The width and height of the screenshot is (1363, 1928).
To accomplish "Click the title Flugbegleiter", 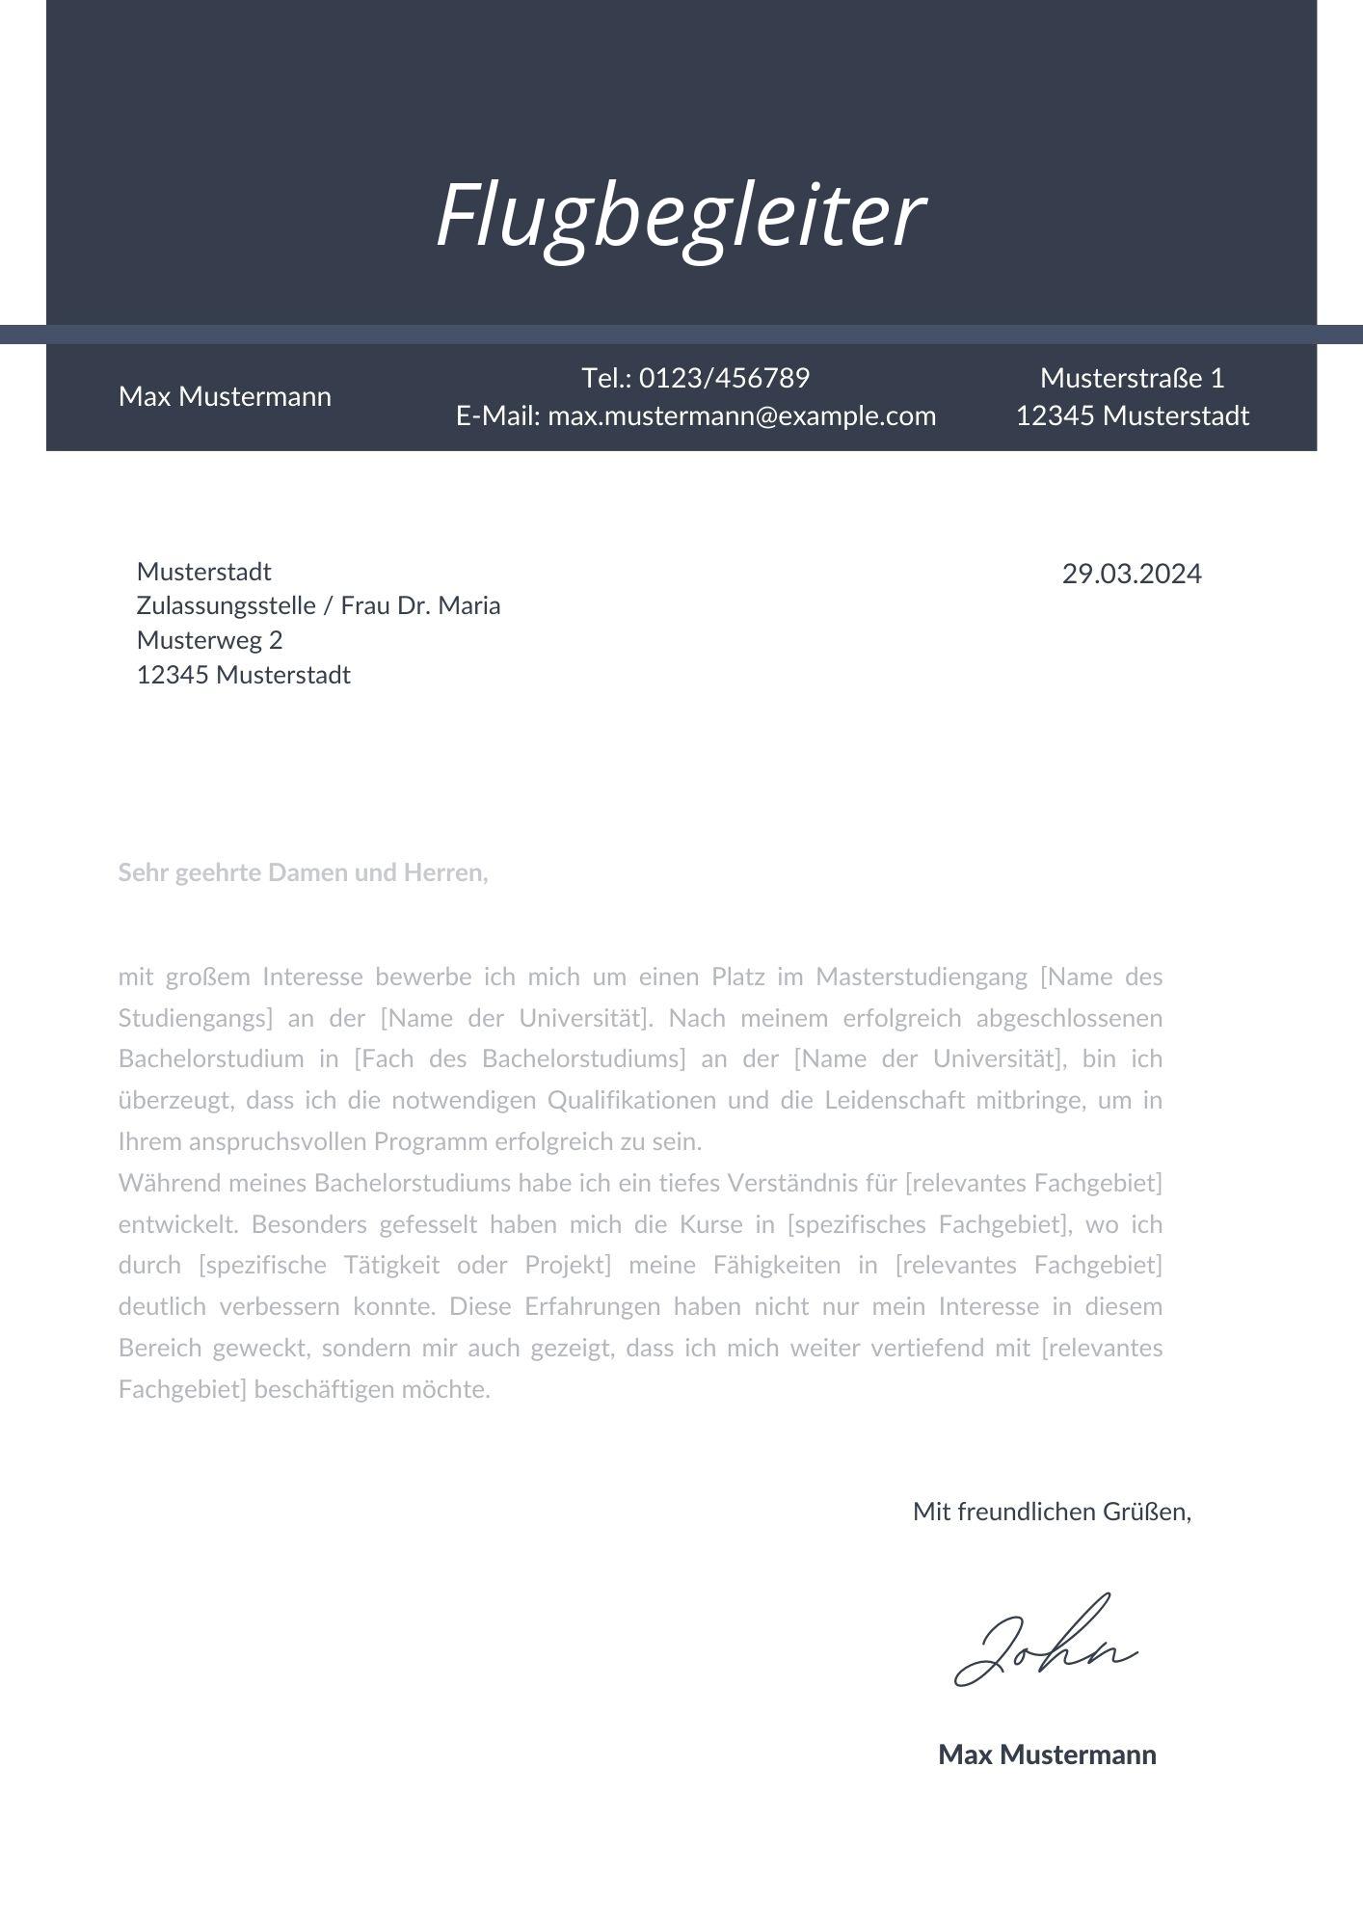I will click(x=681, y=215).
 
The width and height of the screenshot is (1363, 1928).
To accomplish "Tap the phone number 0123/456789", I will click(x=724, y=378).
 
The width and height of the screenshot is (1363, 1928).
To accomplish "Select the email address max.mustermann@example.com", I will click(x=742, y=415).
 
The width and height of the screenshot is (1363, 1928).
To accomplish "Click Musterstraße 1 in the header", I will click(x=1132, y=378).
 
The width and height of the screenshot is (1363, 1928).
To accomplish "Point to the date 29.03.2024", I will click(x=1132, y=574).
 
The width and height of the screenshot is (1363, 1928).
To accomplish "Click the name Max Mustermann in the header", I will click(x=225, y=396).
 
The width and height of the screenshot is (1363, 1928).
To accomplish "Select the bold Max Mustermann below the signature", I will click(x=1047, y=1754).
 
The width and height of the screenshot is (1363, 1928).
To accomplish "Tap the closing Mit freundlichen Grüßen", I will click(x=1052, y=1511).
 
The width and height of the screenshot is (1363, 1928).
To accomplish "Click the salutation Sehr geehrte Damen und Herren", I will click(x=303, y=872).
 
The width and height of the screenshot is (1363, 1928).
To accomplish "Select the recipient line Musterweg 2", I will click(x=210, y=640).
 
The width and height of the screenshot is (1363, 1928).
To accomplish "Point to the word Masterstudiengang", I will click(x=922, y=977).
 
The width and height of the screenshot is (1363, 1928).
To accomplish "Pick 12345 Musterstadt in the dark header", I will click(x=1132, y=415).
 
